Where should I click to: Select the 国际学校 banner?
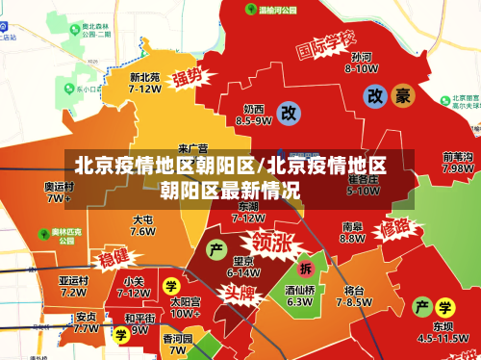click(x=325, y=45)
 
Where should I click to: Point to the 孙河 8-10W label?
click(x=363, y=62)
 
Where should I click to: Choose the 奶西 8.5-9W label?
click(x=254, y=115)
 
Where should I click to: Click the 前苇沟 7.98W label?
click(x=457, y=162)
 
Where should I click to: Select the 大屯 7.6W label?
click(x=143, y=225)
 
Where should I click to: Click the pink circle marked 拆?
click(x=306, y=268)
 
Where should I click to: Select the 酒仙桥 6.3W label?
click(x=299, y=295)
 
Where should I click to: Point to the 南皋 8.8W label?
click(x=352, y=232)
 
